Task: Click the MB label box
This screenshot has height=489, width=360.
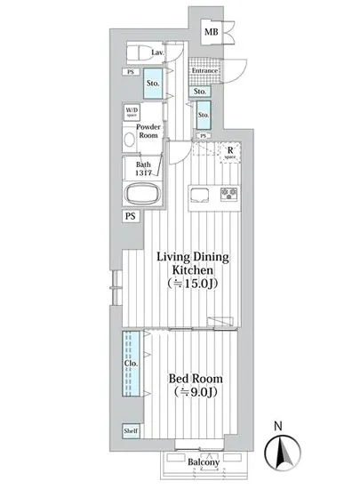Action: pos(211,33)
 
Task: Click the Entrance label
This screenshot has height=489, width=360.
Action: pos(204,70)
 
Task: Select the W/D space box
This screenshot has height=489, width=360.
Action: pos(132,113)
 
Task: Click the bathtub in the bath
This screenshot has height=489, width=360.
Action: pos(142,195)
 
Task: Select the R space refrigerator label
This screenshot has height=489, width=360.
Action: pos(229,152)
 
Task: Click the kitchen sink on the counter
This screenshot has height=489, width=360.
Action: pos(199,195)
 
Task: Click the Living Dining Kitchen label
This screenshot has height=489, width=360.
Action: pos(193,263)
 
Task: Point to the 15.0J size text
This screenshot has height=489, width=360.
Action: pos(193,284)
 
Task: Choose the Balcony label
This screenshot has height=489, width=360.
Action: pos(204,461)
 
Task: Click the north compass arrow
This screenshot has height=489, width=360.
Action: pos(285,455)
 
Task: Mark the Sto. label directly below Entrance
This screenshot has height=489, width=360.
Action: pos(199,92)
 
